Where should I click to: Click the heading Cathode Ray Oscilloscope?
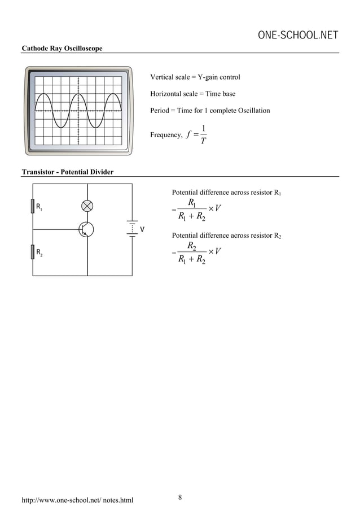click(62, 49)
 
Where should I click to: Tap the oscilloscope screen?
click(78, 111)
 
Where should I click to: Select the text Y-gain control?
click(218, 77)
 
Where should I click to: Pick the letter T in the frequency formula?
click(204, 141)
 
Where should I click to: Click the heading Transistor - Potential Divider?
click(67, 172)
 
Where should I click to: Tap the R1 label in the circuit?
click(40, 207)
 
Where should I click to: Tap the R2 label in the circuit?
click(40, 253)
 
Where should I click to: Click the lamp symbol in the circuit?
click(87, 205)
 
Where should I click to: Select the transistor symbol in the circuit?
click(86, 229)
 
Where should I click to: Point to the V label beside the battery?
click(143, 230)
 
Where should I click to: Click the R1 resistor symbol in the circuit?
click(33, 207)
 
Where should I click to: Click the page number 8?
click(180, 497)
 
